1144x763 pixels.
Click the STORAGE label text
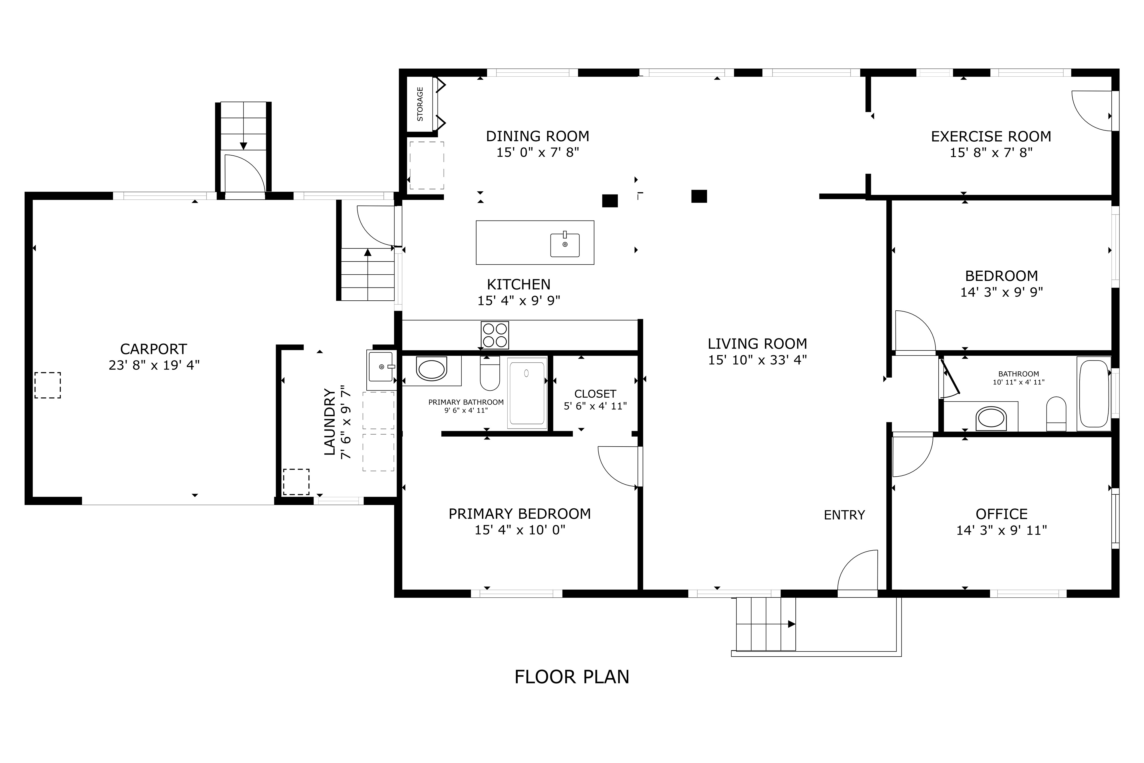tap(420, 104)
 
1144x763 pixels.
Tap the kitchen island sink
tap(565, 245)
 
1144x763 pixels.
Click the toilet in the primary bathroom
tap(490, 373)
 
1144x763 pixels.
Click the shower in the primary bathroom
tap(527, 393)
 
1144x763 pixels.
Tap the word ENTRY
tap(844, 515)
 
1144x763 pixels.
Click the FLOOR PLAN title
tap(572, 677)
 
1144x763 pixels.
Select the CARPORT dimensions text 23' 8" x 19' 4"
tap(154, 365)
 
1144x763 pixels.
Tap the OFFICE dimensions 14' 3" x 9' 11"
tap(1002, 530)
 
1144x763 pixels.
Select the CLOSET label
tap(595, 394)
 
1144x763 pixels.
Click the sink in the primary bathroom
tap(432, 369)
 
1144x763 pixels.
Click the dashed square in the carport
tap(48, 385)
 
